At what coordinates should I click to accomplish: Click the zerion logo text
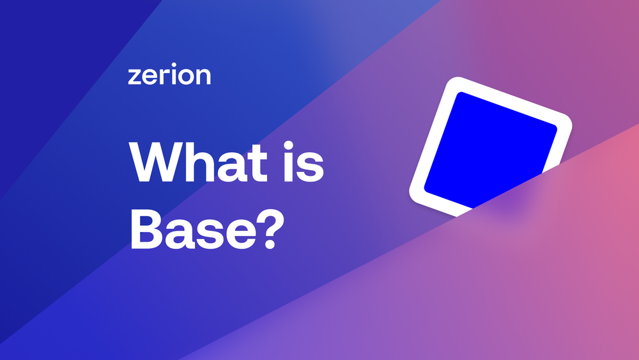169,75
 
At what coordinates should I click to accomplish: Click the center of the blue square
489,148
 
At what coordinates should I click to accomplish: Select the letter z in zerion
134,77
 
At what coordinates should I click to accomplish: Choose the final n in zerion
203,77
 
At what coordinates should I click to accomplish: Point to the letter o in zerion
186,77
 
